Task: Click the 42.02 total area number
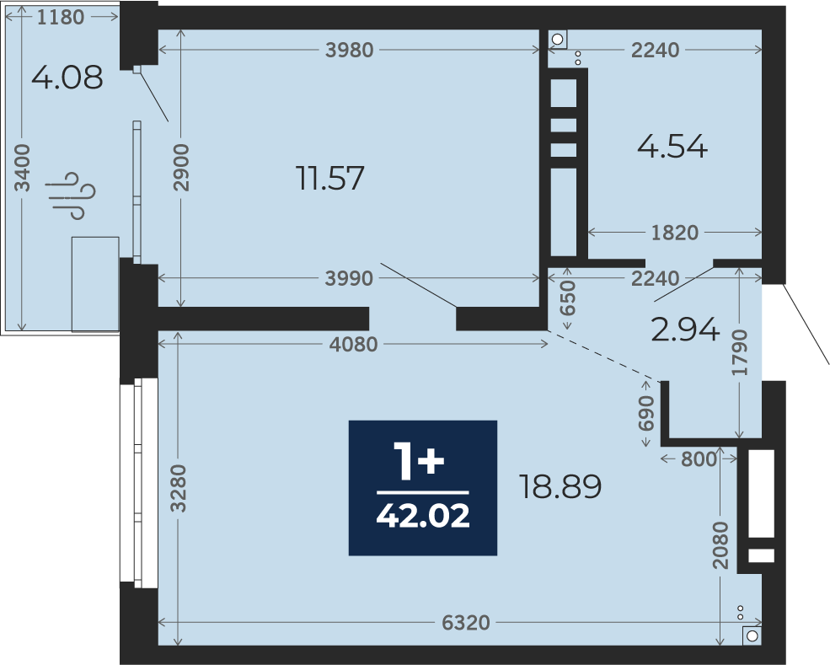(423, 516)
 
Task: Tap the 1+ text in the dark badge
(418, 461)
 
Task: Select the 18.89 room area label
(560, 486)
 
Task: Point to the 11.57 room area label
(330, 178)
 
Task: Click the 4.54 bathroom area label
(672, 146)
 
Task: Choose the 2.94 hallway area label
(685, 330)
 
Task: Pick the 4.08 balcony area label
(67, 78)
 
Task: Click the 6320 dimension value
(466, 623)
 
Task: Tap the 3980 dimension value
(350, 51)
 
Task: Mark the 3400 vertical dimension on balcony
(22, 168)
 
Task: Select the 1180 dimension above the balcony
(61, 18)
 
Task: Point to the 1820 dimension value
(675, 233)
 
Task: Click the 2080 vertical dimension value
(720, 545)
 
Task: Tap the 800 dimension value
(699, 459)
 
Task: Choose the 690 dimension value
(646, 413)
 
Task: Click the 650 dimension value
(567, 298)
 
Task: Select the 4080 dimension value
(354, 345)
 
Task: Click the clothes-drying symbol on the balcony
(71, 195)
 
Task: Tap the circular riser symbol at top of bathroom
(557, 39)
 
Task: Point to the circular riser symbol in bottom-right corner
(752, 636)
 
